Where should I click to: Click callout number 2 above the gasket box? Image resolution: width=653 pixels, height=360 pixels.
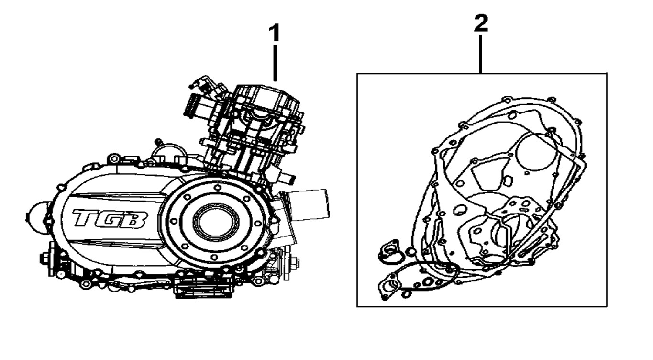click(x=481, y=23)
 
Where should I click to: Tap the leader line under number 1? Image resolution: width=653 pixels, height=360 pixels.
click(x=275, y=63)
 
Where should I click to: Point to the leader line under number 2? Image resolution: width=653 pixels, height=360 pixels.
click(x=480, y=54)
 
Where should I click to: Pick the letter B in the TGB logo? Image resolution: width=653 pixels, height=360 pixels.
click(x=135, y=220)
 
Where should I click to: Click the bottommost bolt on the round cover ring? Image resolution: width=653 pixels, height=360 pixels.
click(x=214, y=257)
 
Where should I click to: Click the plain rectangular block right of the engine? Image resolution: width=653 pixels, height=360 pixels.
click(x=309, y=205)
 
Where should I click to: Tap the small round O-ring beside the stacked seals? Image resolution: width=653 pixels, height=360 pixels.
click(x=411, y=251)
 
